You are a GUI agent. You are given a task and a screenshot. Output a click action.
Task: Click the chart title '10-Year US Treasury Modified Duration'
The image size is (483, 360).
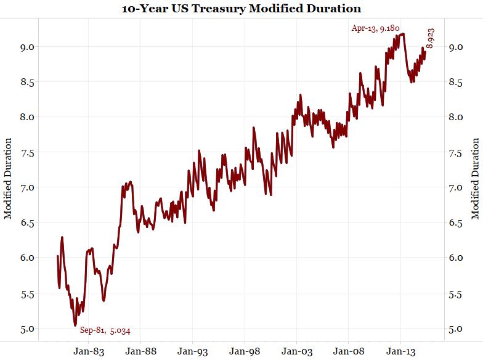(241, 9)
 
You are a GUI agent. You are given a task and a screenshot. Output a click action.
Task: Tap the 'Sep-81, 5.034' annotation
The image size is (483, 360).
(105, 330)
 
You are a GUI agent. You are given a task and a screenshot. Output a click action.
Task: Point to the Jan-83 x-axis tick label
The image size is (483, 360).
(87, 351)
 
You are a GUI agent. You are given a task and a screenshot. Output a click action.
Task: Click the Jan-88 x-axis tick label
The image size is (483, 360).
(140, 351)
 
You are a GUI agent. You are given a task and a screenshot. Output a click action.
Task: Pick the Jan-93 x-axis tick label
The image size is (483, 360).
(192, 351)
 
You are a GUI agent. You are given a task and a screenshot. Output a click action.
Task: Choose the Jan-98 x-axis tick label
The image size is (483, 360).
(245, 351)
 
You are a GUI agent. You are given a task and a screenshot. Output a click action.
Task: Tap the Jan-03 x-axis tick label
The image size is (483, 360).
(296, 351)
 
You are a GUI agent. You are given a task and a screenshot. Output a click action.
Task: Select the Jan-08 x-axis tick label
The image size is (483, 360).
(349, 351)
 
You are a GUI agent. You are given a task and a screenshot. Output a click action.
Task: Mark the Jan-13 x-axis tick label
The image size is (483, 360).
(401, 351)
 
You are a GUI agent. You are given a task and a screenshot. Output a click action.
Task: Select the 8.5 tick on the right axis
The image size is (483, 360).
(457, 82)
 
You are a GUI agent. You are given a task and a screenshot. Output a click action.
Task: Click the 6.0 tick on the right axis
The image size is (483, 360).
(457, 258)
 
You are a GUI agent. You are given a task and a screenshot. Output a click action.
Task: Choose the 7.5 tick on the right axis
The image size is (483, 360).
(457, 152)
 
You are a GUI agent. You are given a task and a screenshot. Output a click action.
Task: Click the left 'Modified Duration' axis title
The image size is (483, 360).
(9, 178)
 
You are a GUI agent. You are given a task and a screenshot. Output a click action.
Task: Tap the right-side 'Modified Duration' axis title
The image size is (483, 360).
(475, 178)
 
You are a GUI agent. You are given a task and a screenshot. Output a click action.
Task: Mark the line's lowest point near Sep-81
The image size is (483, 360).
(75, 325)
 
